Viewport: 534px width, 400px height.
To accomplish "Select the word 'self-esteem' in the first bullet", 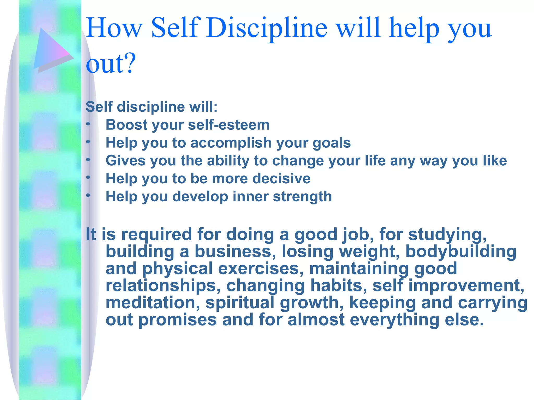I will (229, 125).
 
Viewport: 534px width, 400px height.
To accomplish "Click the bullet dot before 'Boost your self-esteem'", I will (88, 124).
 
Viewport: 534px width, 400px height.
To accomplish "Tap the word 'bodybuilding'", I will (461, 252).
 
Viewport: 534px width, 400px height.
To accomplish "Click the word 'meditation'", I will (153, 303).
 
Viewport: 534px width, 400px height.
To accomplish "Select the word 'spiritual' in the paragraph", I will (240, 303).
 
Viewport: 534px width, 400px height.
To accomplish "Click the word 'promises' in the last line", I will (177, 320).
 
